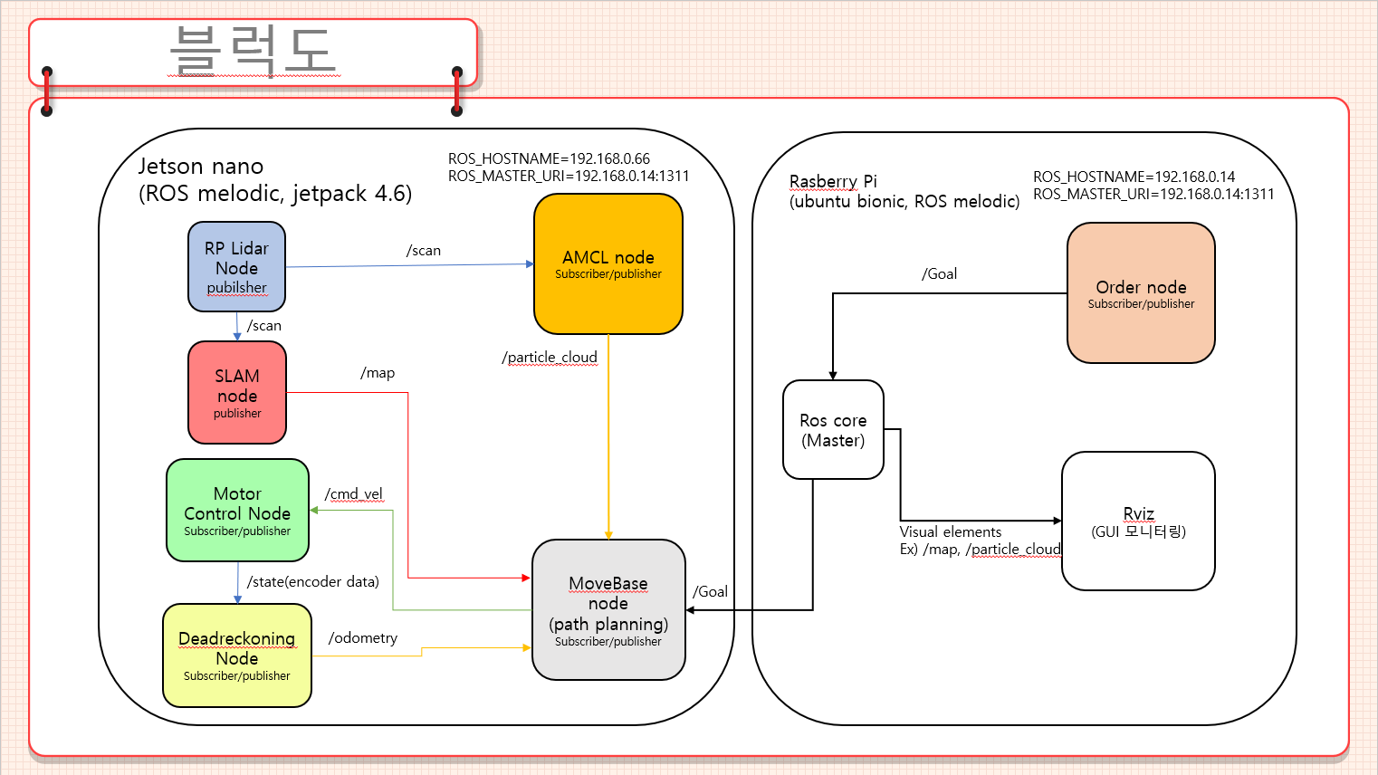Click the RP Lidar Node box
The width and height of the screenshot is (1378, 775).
tap(236, 267)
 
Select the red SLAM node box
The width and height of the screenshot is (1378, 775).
tap(237, 392)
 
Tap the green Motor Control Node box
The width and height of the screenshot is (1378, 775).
tap(237, 510)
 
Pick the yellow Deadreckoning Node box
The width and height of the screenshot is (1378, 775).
tap(237, 655)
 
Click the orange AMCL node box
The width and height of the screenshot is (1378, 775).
tap(608, 263)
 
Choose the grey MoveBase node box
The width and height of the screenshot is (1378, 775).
tap(608, 609)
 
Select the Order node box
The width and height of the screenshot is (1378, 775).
tap(1141, 292)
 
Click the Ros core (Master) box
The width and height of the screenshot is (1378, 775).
tap(833, 429)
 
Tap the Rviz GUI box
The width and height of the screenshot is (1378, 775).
tap(1138, 521)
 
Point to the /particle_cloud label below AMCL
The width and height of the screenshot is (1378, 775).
tap(550, 357)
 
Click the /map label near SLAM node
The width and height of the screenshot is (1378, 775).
tap(378, 372)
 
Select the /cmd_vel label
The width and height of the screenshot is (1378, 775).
tap(353, 493)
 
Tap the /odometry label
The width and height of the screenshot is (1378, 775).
tap(363, 637)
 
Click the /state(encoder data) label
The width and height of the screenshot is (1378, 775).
tap(313, 581)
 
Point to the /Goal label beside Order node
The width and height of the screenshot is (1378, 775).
tap(939, 273)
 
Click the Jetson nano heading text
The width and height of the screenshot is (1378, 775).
tap(201, 167)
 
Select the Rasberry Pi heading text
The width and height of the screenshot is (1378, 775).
tap(833, 181)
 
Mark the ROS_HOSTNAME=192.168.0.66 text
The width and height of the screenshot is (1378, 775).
tap(549, 158)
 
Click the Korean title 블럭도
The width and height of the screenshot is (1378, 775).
tap(253, 49)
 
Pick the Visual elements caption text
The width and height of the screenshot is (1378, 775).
tap(951, 531)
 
